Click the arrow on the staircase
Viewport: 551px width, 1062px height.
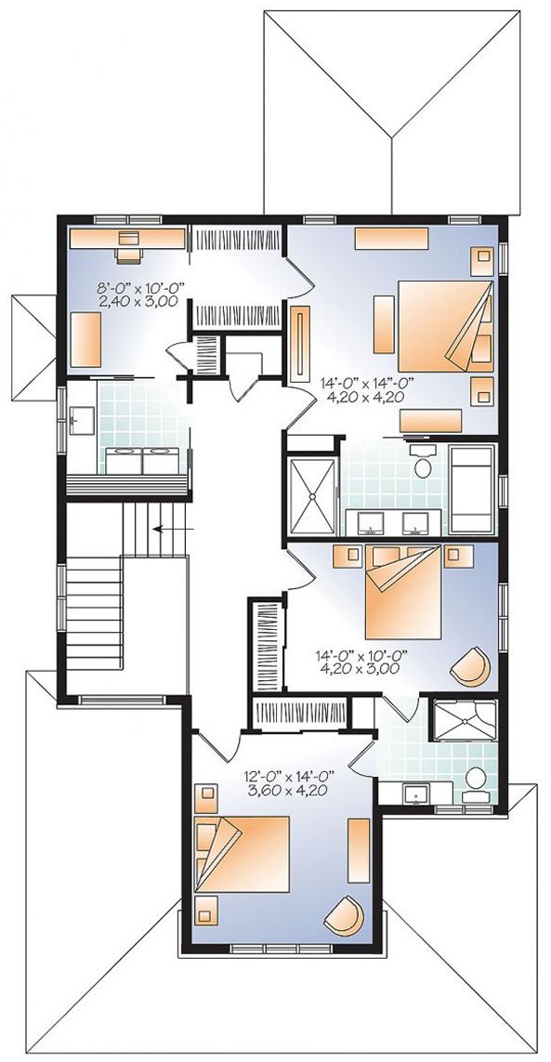click(x=174, y=529)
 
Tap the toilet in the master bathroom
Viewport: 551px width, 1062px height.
click(x=424, y=463)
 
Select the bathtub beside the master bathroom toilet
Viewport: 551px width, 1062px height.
click(x=474, y=489)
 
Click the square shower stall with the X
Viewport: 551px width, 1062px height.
click(x=312, y=497)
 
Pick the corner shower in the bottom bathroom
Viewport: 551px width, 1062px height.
click(x=465, y=719)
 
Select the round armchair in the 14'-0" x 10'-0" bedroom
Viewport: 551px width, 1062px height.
click(x=470, y=666)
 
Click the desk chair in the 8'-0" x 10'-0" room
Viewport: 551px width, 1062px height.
click(x=128, y=254)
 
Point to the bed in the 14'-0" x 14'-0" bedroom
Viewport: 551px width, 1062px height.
click(x=445, y=326)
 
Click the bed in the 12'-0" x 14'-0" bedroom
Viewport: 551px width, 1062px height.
click(x=242, y=853)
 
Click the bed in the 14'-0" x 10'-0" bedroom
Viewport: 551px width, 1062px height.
click(x=402, y=591)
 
